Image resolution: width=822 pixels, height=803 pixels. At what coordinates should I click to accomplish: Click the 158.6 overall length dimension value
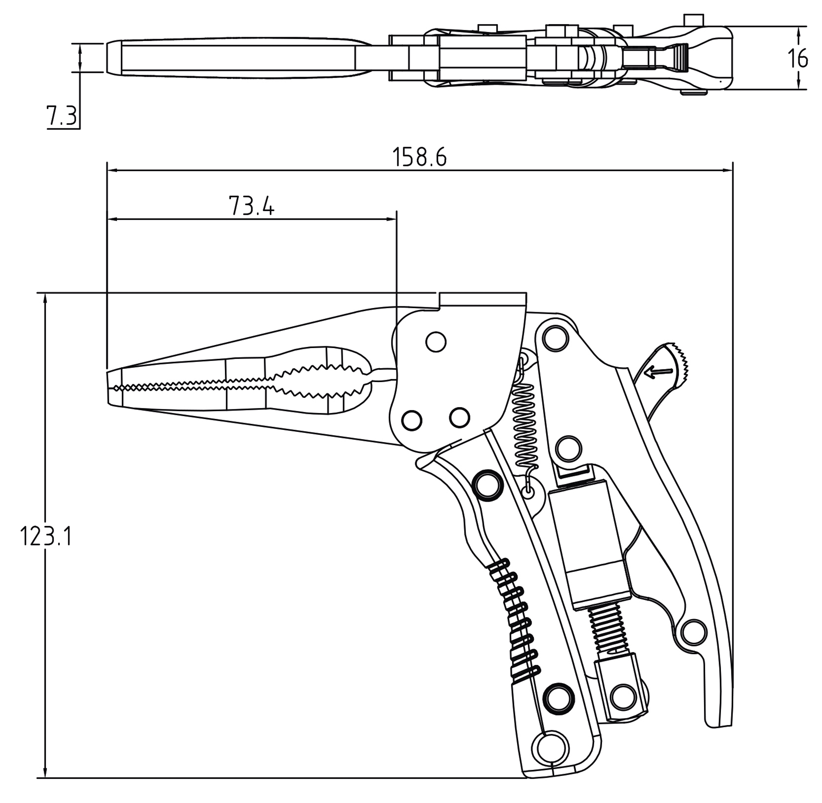click(x=419, y=157)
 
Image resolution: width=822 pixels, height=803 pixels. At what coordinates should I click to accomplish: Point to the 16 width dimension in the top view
click(x=797, y=58)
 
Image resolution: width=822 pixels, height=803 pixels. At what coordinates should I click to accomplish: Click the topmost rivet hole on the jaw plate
click(x=436, y=342)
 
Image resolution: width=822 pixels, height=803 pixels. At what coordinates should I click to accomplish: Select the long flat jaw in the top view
click(x=236, y=58)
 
